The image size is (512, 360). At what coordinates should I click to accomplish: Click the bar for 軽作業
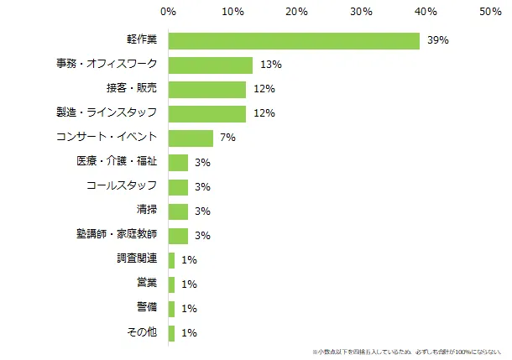(x=294, y=40)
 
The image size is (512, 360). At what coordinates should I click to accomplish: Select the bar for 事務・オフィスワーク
(x=211, y=65)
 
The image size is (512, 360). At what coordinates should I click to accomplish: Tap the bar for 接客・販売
(x=207, y=89)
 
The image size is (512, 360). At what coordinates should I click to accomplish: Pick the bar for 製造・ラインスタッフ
(x=207, y=113)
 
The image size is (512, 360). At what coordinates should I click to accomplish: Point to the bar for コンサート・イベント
(x=191, y=138)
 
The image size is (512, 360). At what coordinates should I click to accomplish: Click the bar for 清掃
(x=178, y=211)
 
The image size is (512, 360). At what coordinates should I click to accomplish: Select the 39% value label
(x=437, y=40)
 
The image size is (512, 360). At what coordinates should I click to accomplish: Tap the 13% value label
(x=270, y=65)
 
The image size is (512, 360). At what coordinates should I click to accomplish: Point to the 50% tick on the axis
(x=490, y=12)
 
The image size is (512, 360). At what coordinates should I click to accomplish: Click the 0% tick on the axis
(x=168, y=12)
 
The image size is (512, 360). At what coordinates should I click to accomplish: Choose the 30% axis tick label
(x=361, y=12)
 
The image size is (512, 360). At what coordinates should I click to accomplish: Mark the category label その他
(x=141, y=332)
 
